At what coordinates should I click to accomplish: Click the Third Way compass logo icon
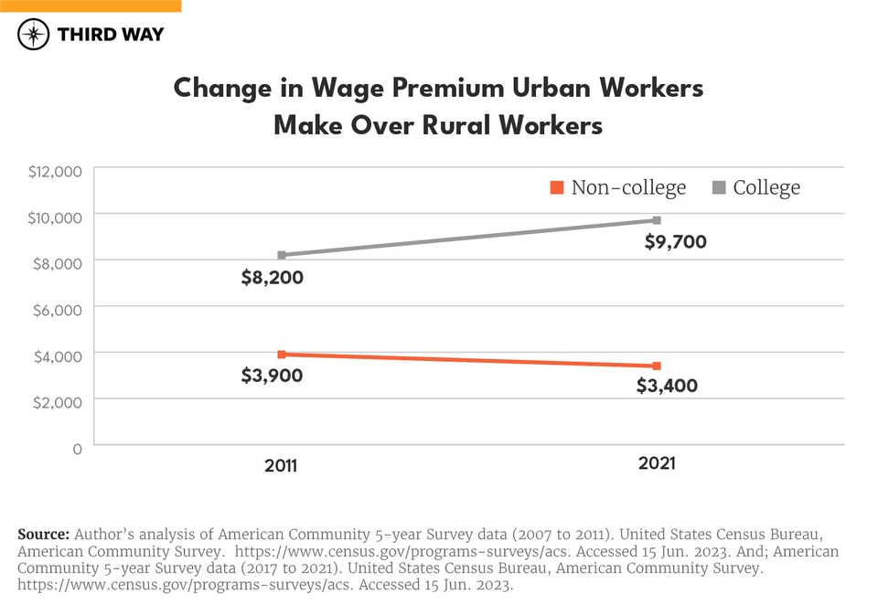pos(34,35)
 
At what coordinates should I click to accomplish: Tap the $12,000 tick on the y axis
pos(56,170)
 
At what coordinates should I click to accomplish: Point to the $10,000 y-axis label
pos(56,217)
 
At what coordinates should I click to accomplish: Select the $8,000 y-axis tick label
pos(59,262)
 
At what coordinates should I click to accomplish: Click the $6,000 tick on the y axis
pos(59,309)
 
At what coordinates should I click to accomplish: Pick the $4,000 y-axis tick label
pos(59,355)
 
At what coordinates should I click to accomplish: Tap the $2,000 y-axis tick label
pos(59,401)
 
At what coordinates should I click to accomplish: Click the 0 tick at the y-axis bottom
pos(77,448)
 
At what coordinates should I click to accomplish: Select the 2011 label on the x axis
pos(281,465)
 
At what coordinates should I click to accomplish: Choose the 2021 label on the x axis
pos(656,463)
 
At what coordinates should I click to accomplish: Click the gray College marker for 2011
pos(282,255)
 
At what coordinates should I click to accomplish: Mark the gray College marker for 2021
pos(657,220)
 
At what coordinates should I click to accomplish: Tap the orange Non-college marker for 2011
pos(282,354)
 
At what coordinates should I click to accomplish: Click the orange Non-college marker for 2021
pos(657,366)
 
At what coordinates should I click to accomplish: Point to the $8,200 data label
pos(272,278)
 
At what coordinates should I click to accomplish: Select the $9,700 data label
pos(676,242)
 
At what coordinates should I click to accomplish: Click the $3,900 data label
pos(272,375)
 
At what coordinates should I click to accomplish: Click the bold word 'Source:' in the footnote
pos(44,534)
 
